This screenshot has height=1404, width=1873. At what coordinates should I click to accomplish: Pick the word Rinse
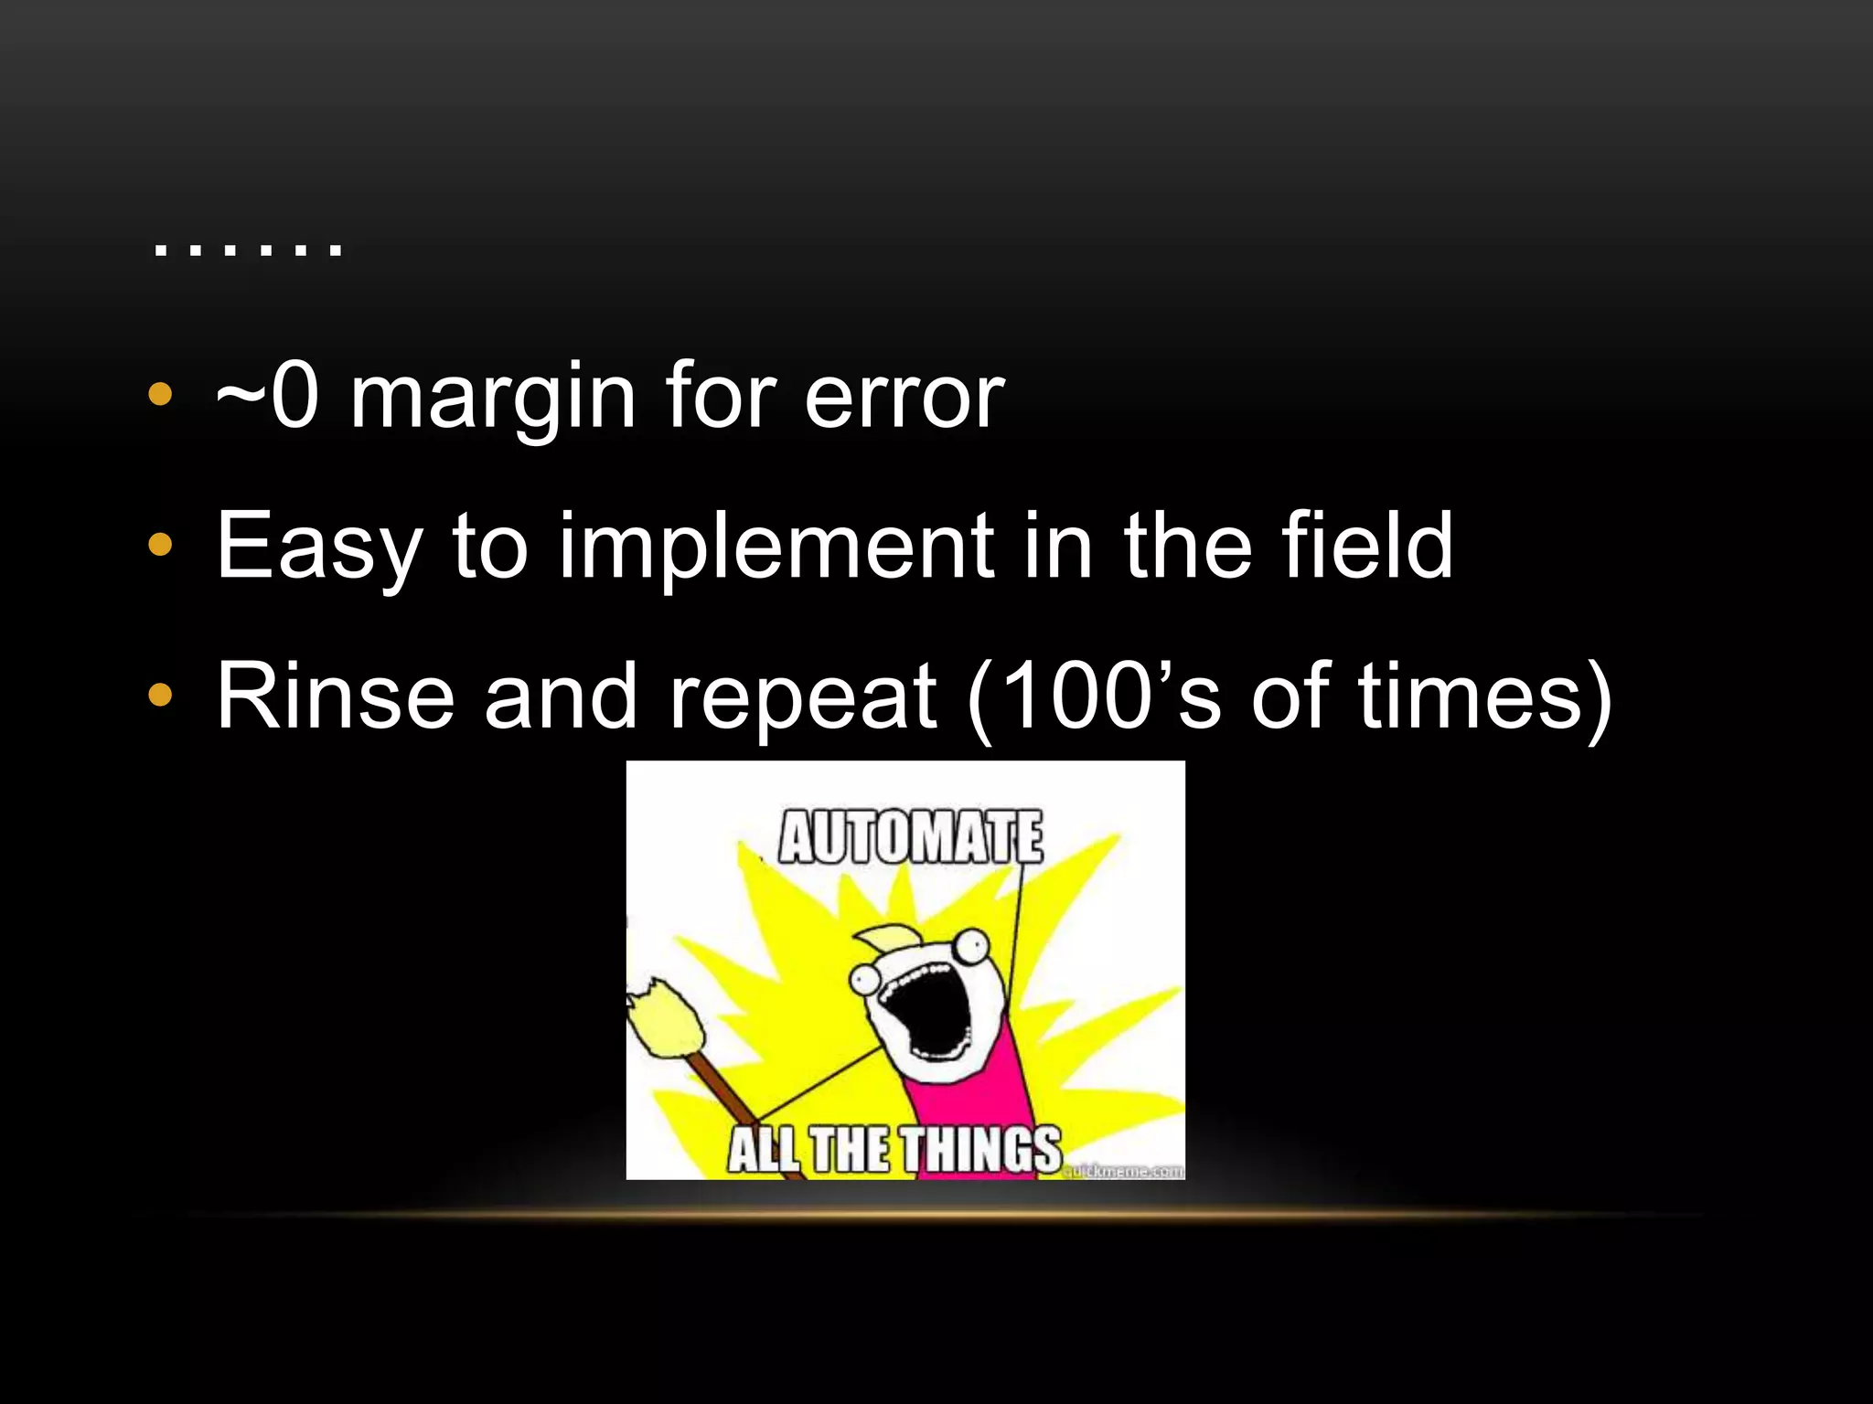coord(335,697)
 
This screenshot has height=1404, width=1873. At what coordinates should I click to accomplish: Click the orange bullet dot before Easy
coord(160,546)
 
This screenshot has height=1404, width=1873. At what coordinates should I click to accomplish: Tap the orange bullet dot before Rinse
coord(160,696)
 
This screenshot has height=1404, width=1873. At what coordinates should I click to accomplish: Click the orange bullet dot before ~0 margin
coord(160,395)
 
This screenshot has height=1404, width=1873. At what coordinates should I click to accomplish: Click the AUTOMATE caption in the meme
coord(910,837)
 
